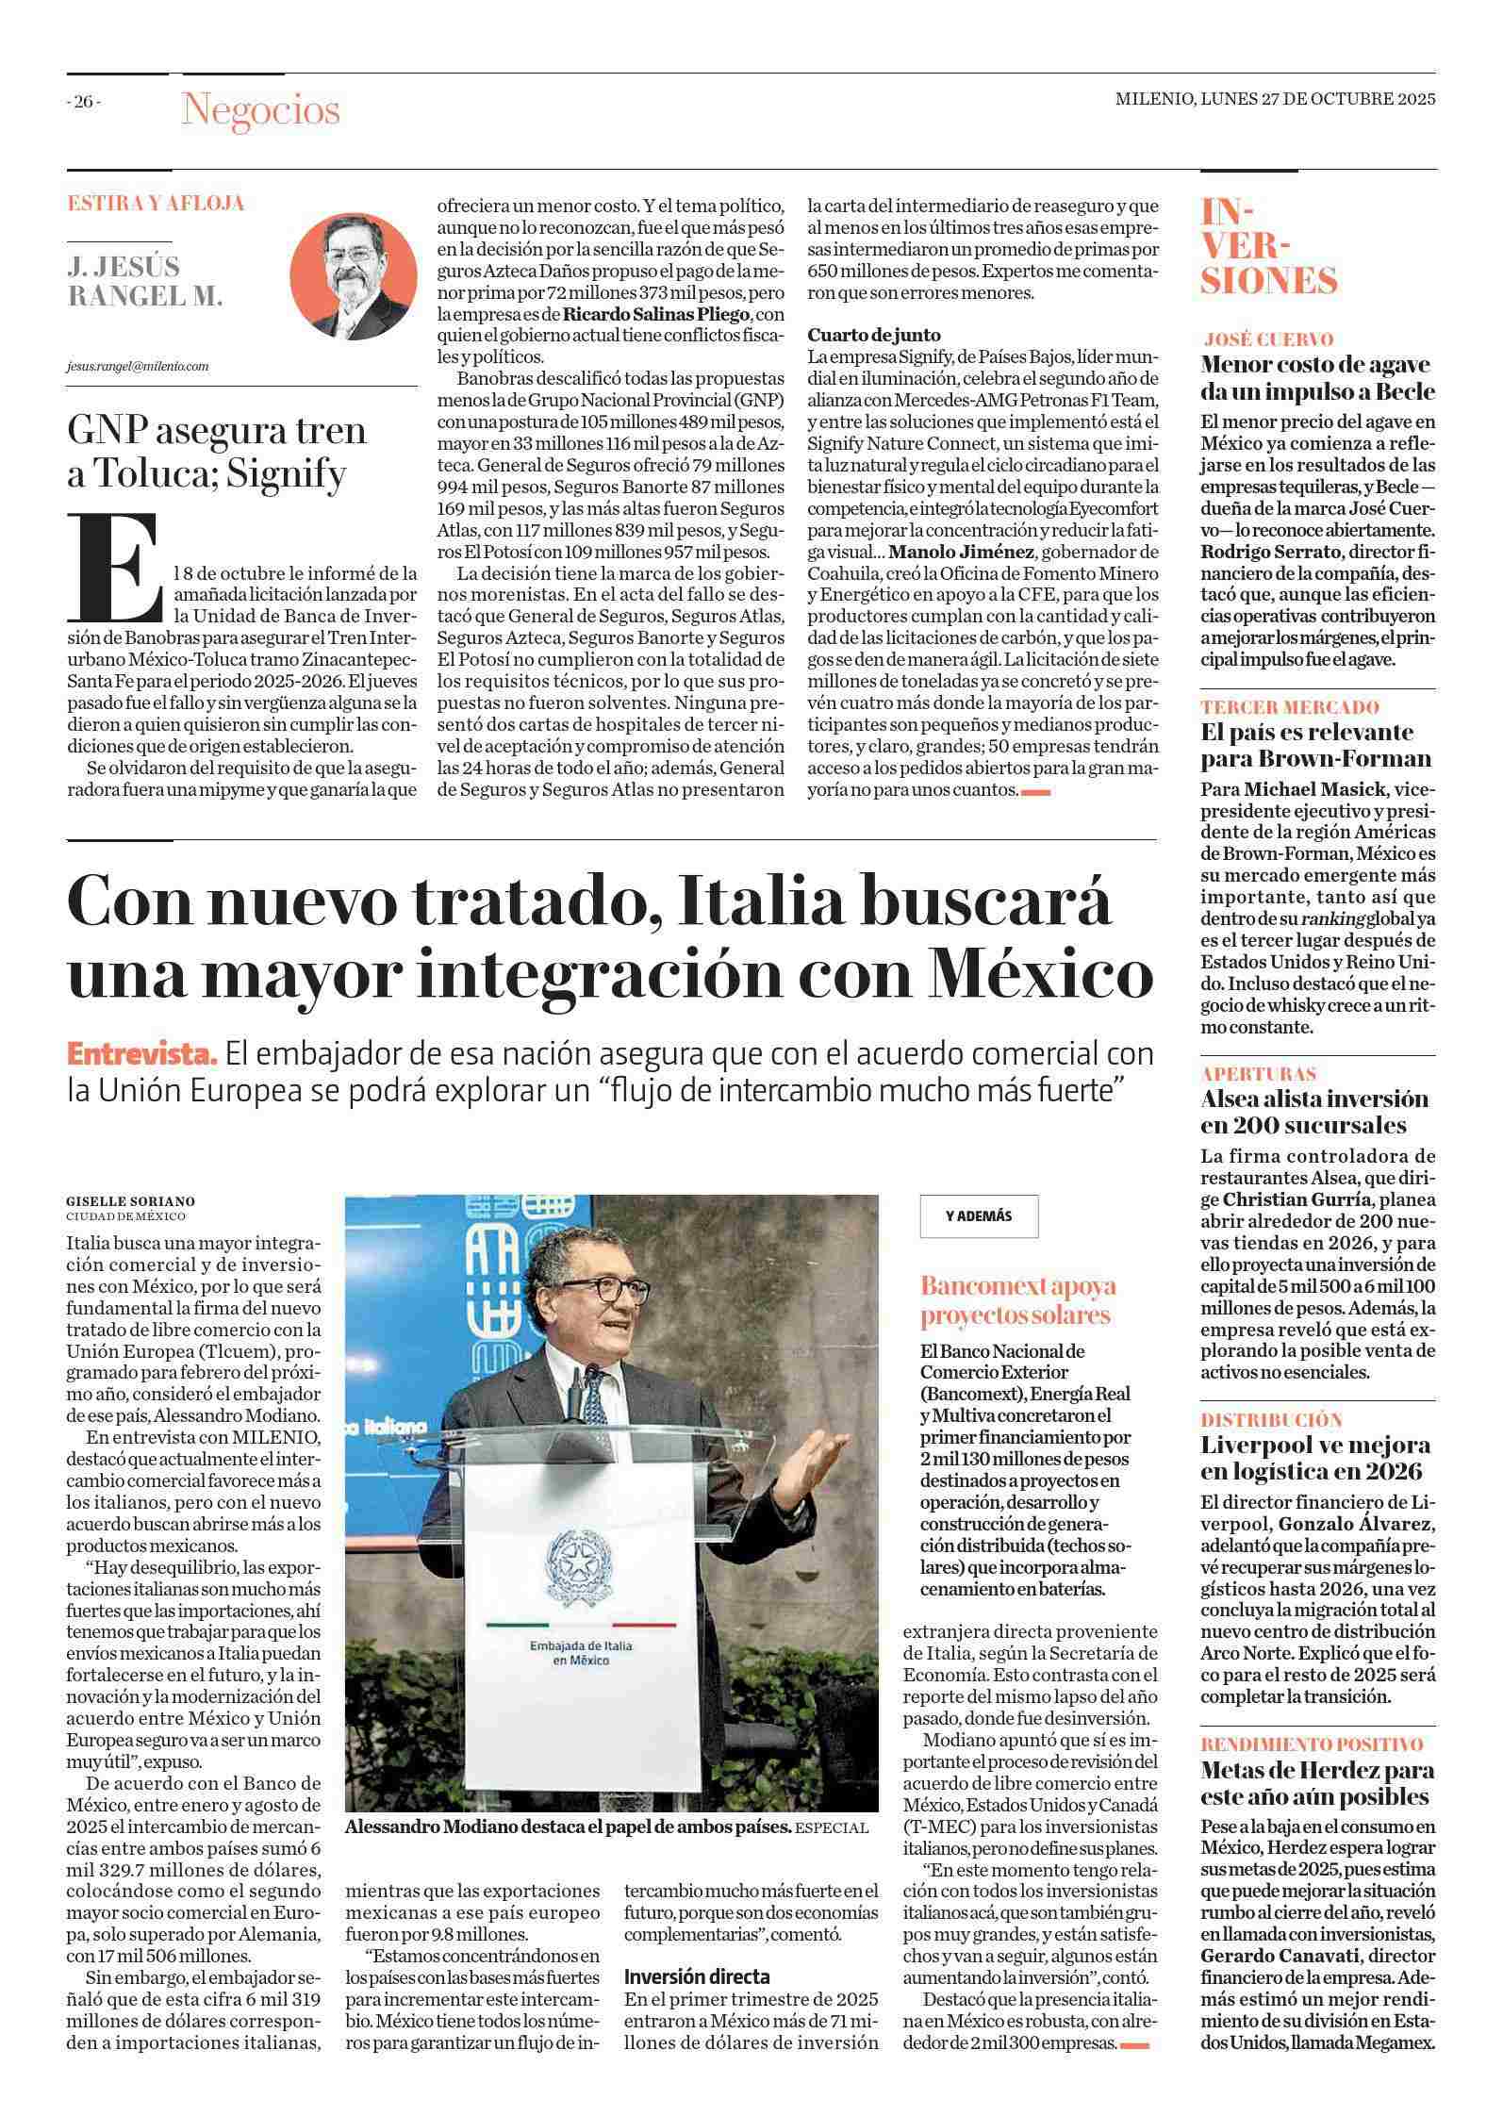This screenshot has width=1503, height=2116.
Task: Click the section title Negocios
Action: coord(260,110)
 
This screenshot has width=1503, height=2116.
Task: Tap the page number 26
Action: coord(84,102)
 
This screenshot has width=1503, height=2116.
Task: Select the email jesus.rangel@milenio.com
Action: coord(137,366)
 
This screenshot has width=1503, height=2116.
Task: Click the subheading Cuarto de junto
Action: coord(874,335)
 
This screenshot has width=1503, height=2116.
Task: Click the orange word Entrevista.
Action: coord(142,1053)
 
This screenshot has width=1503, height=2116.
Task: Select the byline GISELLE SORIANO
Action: coord(130,1201)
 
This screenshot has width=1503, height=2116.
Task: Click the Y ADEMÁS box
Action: coord(979,1216)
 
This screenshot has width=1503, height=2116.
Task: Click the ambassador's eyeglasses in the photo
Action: coord(603,1288)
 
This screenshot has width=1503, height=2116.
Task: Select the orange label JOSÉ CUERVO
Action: coord(1268,339)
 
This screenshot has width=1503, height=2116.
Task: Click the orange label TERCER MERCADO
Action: coord(1290,707)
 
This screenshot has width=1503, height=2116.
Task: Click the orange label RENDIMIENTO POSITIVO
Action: coord(1312,1744)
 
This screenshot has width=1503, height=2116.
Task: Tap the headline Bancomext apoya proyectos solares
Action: coord(1018,1300)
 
